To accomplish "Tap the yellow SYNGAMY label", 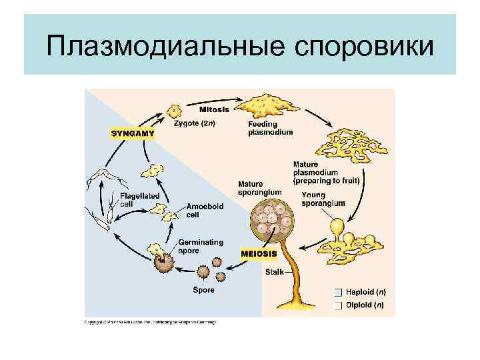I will (132, 133).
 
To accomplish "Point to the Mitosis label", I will (214, 109).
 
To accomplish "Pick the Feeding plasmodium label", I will (270, 128).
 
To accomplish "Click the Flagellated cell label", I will (139, 199).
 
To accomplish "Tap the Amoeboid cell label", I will (203, 210).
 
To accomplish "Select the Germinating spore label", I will (201, 246).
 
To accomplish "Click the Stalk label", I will (274, 272).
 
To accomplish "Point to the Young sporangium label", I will (323, 199).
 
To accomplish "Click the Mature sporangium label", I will (259, 188).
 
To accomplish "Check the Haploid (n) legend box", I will (338, 292).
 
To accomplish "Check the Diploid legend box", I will (338, 305).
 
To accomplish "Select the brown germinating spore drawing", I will (163, 261).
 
